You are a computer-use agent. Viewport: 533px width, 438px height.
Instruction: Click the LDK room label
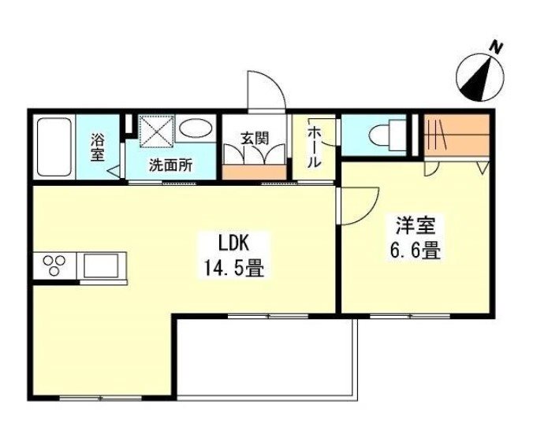(233, 243)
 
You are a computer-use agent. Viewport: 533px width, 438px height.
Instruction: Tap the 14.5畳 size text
(233, 268)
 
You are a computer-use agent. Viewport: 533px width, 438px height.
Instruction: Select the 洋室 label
(416, 225)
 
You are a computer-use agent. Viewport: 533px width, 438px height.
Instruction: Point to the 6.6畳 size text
(416, 251)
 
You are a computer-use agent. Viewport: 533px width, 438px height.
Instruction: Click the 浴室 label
(97, 147)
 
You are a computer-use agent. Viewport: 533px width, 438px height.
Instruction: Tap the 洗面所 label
(170, 165)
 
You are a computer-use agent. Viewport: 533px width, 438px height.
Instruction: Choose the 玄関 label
(255, 138)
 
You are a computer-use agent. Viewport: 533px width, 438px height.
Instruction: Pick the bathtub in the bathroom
(54, 147)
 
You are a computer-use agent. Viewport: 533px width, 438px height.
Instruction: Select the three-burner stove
(54, 265)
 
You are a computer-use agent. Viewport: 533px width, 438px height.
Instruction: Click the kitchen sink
(101, 265)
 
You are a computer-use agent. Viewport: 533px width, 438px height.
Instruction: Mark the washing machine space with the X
(157, 131)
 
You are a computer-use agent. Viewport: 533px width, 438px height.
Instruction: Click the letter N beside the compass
(496, 48)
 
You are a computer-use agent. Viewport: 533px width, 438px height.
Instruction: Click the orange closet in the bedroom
(457, 135)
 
